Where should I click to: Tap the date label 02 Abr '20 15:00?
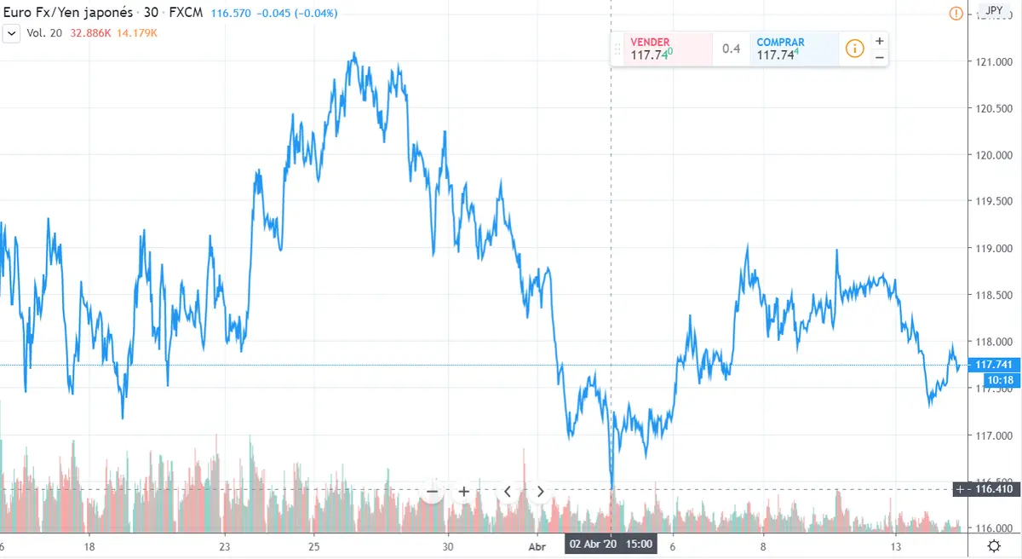tap(611, 544)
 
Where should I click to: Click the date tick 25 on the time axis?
tap(313, 546)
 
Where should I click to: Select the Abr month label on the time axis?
tap(537, 546)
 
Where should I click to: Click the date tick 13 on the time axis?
tap(895, 546)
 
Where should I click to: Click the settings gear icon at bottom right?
tap(994, 546)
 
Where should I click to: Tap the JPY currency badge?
tap(994, 11)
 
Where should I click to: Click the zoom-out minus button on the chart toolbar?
tap(432, 491)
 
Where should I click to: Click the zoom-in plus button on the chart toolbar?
tap(464, 491)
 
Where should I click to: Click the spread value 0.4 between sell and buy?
tap(731, 49)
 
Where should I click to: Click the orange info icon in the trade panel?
tap(854, 49)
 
